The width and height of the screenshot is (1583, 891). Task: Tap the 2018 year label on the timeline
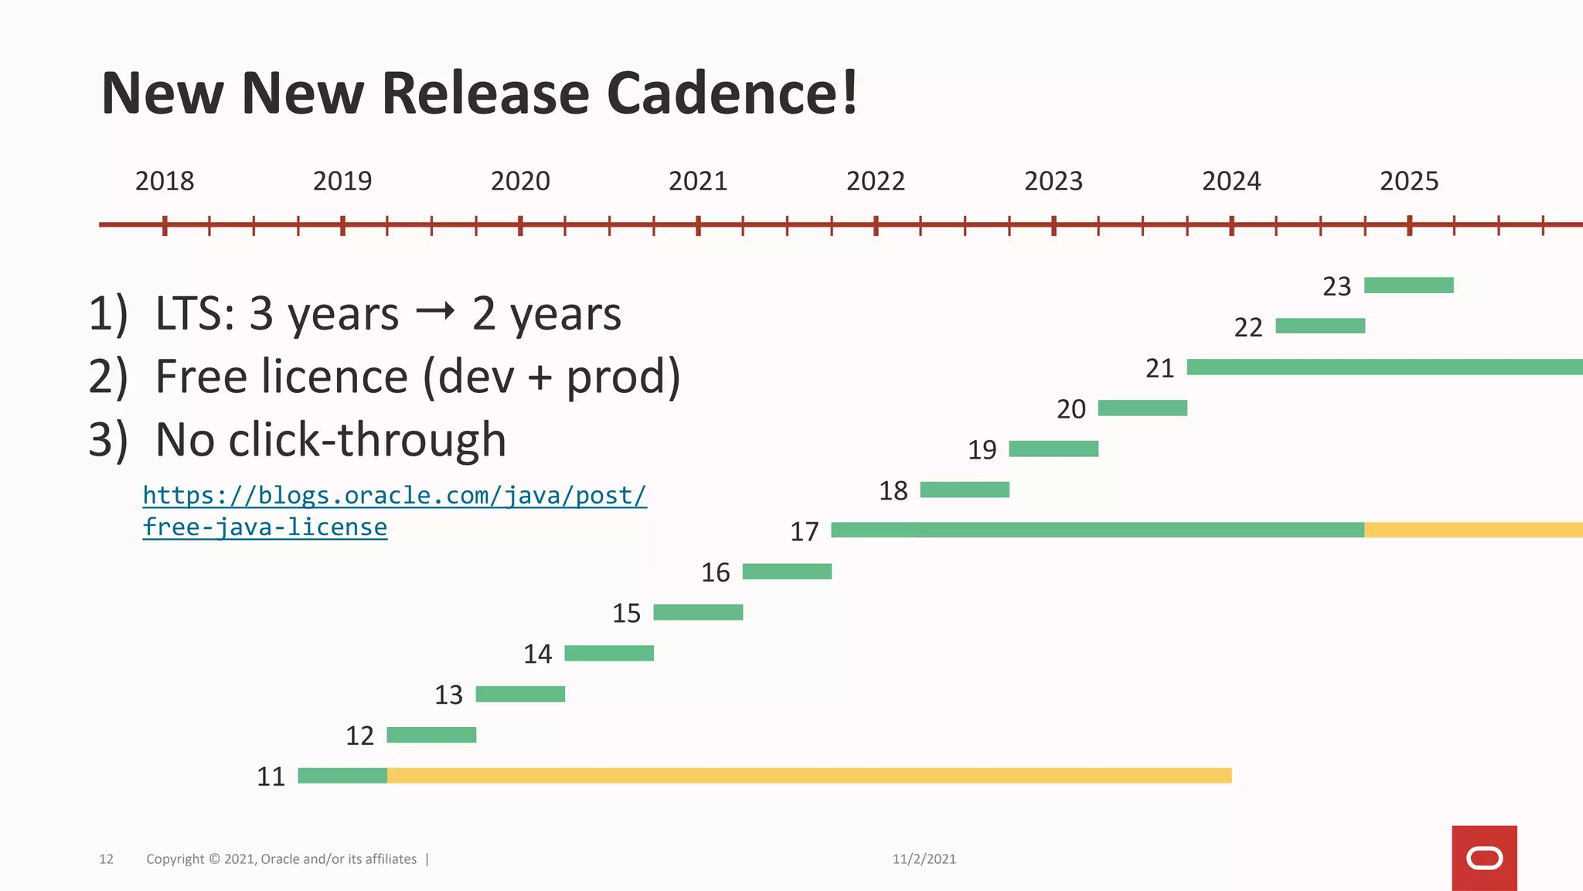click(x=165, y=181)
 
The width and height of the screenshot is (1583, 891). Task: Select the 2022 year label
click(x=875, y=181)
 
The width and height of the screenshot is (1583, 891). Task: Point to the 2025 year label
click(x=1408, y=181)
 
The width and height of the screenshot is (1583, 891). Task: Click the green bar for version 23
click(x=1408, y=285)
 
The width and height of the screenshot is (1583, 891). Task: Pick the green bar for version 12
click(x=431, y=735)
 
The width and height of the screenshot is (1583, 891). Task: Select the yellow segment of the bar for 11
click(x=809, y=776)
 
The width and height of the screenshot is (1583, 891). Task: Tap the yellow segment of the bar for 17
click(x=1472, y=530)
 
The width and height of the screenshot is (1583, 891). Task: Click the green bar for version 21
click(x=1384, y=367)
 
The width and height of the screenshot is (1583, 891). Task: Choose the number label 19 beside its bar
click(x=982, y=449)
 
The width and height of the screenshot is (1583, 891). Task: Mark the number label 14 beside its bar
click(x=537, y=654)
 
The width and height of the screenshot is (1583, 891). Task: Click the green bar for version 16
click(x=787, y=572)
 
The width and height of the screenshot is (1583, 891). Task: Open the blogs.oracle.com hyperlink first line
click(x=394, y=495)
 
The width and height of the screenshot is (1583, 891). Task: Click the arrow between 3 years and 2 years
click(x=434, y=312)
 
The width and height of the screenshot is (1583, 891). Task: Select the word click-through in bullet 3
click(x=367, y=439)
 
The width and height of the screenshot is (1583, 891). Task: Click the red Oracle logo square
click(x=1483, y=858)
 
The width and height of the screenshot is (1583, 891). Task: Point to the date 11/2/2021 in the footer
click(x=924, y=859)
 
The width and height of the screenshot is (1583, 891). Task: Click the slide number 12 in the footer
click(x=106, y=859)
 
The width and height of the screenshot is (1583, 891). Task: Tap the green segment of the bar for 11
click(x=342, y=776)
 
